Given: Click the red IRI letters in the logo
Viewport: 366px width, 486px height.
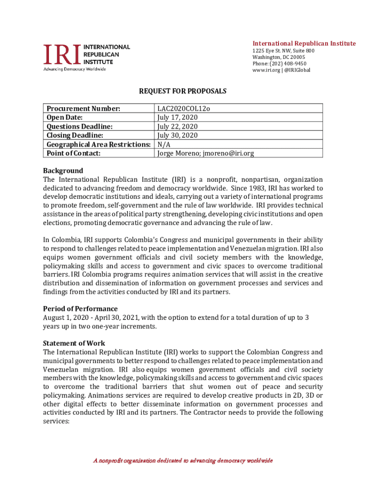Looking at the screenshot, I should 62,55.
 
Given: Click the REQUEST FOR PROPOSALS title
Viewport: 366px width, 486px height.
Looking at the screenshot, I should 183,91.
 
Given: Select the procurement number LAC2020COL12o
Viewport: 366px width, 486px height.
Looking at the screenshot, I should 183,109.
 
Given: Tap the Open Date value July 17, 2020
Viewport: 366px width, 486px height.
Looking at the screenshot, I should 177,117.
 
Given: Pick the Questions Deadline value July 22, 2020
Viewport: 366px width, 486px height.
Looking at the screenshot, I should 177,126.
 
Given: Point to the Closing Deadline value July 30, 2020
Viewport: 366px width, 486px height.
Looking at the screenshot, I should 177,135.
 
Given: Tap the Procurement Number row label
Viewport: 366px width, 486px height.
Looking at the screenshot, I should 82,109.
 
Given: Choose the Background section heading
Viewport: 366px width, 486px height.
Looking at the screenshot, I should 63,170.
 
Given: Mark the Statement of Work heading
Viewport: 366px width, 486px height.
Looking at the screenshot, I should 74,343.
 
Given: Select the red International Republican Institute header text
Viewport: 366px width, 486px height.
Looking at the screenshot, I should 304,44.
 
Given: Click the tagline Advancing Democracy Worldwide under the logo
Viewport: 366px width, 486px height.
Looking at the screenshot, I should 75,69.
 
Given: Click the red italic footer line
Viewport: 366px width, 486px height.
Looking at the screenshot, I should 183,461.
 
